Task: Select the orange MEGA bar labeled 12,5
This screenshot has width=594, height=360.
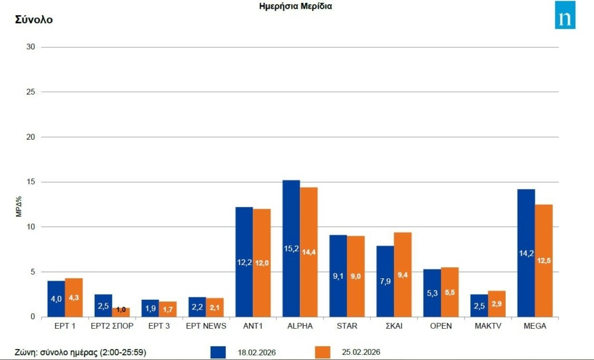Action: click(x=544, y=260)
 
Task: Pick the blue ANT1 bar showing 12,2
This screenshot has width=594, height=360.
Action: click(x=244, y=261)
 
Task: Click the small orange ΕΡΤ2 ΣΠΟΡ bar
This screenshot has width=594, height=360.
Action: click(x=121, y=312)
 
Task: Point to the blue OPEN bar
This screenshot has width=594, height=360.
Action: click(x=432, y=293)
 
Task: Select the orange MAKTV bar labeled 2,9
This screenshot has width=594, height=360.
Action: click(x=497, y=304)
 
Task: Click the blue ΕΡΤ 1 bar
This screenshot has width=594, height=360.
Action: click(x=56, y=299)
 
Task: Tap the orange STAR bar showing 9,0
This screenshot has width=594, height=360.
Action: click(x=356, y=276)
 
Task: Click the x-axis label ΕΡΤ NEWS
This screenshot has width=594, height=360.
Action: click(x=206, y=326)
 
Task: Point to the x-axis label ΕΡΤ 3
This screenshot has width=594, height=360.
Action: click(x=159, y=326)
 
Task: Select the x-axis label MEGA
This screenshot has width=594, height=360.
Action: click(x=534, y=326)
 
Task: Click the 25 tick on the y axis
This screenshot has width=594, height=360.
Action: click(x=31, y=92)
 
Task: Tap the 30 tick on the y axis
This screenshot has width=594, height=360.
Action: click(x=31, y=47)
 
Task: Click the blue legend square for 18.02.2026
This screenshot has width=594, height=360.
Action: click(x=218, y=352)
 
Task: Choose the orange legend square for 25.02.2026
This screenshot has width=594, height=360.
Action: click(x=323, y=352)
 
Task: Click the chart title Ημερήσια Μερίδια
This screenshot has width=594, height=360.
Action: click(x=296, y=6)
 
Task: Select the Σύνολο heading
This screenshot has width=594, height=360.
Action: click(x=34, y=20)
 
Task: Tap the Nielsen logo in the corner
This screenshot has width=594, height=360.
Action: click(x=565, y=15)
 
